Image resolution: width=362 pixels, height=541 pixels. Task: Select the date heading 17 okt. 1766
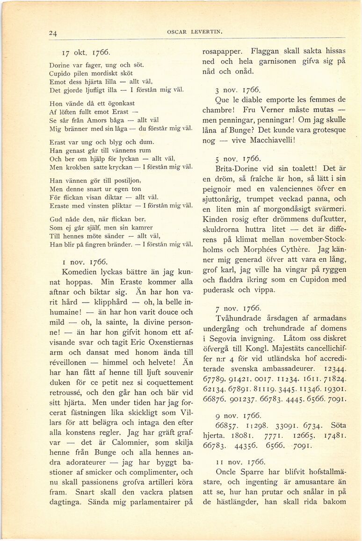pos(87,52)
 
